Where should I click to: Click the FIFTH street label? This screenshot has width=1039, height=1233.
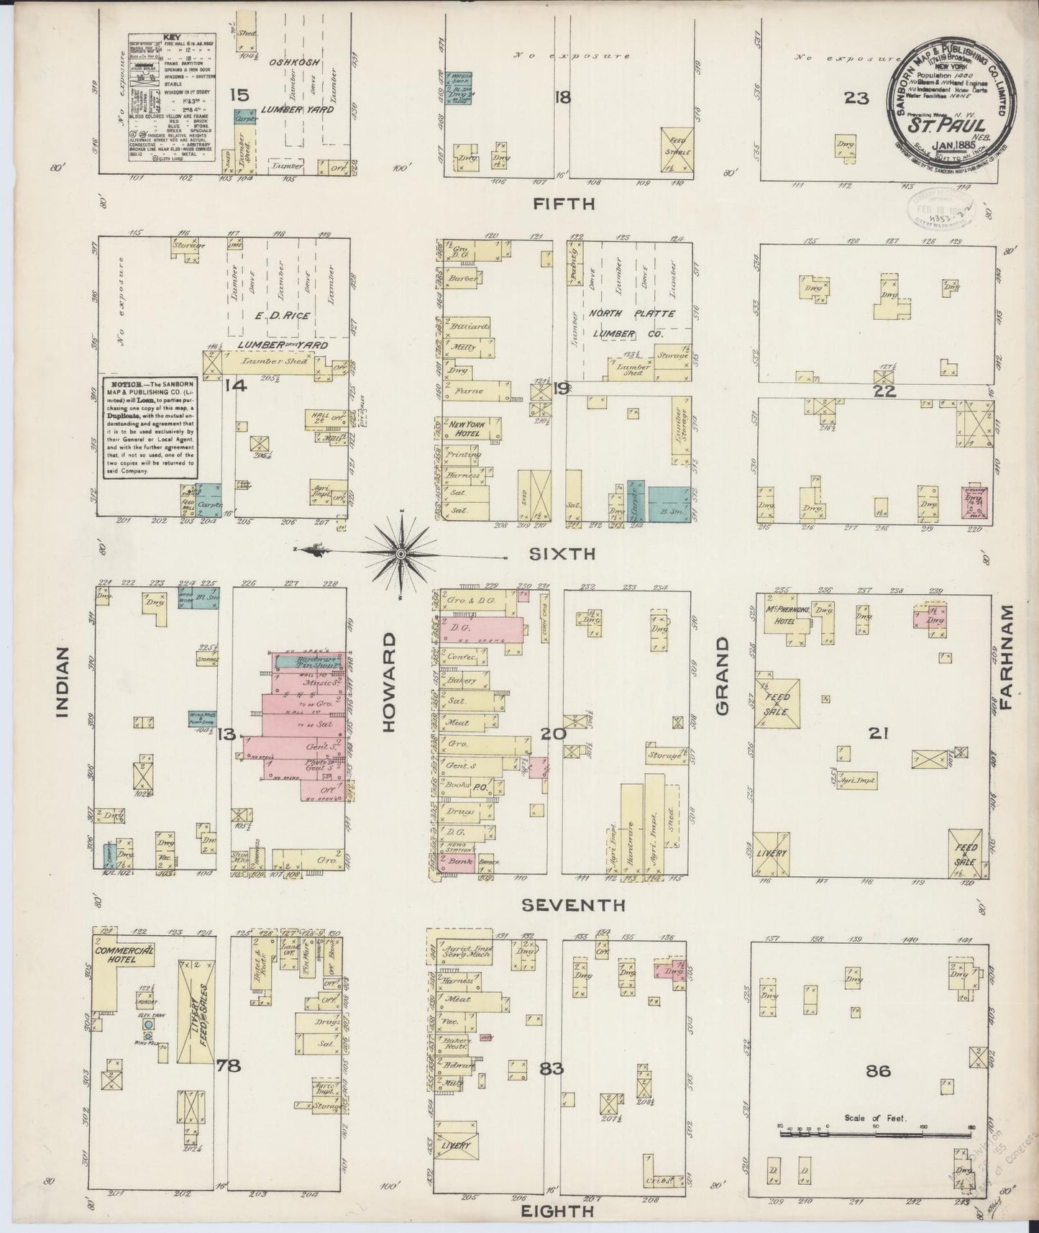tap(564, 204)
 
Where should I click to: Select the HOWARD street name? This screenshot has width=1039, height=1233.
tap(390, 683)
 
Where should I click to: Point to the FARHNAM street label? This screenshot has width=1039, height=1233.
tap(1005, 656)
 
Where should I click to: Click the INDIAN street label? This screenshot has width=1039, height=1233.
tap(64, 682)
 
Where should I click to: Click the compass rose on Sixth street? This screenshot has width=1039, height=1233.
tap(401, 552)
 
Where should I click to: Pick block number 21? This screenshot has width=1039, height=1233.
tap(879, 734)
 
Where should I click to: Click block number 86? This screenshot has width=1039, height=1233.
tap(879, 1071)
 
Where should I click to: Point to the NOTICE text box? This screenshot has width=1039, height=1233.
tap(149, 426)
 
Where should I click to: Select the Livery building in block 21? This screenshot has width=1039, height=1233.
tap(772, 853)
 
